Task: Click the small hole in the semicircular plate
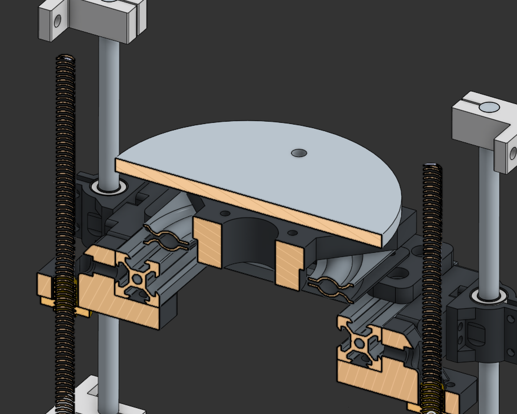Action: (x=299, y=153)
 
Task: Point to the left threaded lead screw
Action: (x=65, y=176)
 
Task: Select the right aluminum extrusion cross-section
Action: (x=360, y=340)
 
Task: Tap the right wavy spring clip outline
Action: (x=329, y=285)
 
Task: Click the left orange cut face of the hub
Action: (x=209, y=242)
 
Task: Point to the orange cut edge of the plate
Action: (x=247, y=203)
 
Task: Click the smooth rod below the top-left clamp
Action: (x=108, y=106)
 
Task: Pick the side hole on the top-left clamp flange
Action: (x=57, y=22)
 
